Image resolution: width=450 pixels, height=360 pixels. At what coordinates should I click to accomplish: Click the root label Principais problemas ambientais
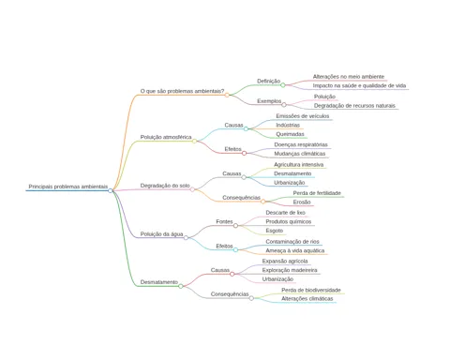click(x=68, y=187)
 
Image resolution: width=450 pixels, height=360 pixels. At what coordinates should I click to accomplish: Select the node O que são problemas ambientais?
click(x=182, y=91)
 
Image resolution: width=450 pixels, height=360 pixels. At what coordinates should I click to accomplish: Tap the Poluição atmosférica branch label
click(x=166, y=137)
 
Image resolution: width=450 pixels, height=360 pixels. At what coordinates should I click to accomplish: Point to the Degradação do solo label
click(x=165, y=186)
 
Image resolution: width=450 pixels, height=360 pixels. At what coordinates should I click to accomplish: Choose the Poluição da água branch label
click(x=161, y=234)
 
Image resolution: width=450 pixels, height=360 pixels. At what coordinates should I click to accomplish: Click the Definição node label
click(x=268, y=81)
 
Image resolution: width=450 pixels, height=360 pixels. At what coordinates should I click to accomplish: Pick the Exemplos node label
click(x=269, y=101)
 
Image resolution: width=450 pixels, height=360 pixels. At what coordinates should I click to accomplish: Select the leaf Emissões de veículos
click(x=303, y=116)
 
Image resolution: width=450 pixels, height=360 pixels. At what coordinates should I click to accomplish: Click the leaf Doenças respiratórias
click(x=301, y=144)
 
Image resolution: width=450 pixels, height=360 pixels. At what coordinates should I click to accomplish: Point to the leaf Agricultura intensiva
click(x=299, y=165)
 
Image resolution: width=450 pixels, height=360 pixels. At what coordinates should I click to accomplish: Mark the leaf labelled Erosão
click(x=302, y=202)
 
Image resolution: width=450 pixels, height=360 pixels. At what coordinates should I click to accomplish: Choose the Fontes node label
click(x=224, y=221)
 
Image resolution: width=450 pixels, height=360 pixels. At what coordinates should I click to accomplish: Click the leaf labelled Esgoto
click(x=275, y=231)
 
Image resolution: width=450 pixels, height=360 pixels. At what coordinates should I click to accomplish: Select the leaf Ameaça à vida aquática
click(x=295, y=250)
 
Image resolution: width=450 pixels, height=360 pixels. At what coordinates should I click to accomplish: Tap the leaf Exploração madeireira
click(x=290, y=270)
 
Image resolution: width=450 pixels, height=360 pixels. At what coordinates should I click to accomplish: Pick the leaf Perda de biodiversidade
click(x=311, y=291)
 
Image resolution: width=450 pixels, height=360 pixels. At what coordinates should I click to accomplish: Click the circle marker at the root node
click(x=111, y=190)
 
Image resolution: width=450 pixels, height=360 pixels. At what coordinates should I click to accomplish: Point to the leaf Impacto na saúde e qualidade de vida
click(x=359, y=85)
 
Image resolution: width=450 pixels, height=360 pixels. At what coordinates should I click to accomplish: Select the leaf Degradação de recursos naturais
click(x=354, y=106)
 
